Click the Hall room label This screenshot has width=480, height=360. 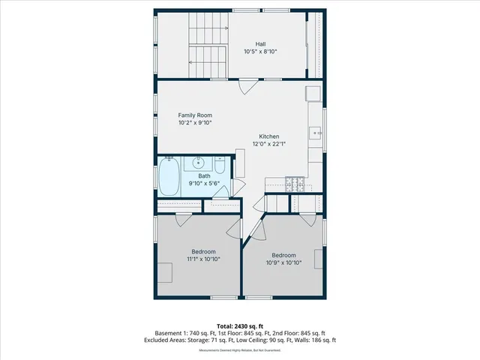(x=260, y=43)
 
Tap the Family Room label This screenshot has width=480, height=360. (x=194, y=115)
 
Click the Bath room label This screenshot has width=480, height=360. (x=204, y=175)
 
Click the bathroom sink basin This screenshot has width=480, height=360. (x=199, y=162)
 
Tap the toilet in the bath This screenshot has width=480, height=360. (x=219, y=164)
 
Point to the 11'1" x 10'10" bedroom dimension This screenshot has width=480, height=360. (x=203, y=259)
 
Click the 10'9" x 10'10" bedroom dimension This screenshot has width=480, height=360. (x=283, y=262)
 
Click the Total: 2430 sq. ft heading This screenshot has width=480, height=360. (x=240, y=324)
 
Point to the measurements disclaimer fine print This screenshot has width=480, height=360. (x=240, y=350)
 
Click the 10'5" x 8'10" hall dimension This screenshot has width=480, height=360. (x=260, y=52)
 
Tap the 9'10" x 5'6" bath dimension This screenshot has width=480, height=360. (x=204, y=184)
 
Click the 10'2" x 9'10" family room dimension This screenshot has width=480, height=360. (x=194, y=123)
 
